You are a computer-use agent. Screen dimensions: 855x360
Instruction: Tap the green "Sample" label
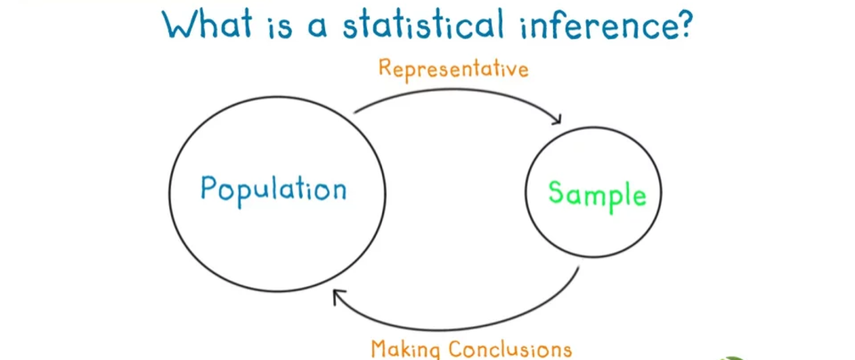click(x=597, y=194)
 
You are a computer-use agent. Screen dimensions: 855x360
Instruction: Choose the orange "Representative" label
click(x=453, y=69)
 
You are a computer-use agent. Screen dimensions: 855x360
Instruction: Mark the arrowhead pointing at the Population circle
click(x=339, y=297)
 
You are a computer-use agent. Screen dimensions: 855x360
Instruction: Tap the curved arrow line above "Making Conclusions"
click(x=458, y=329)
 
